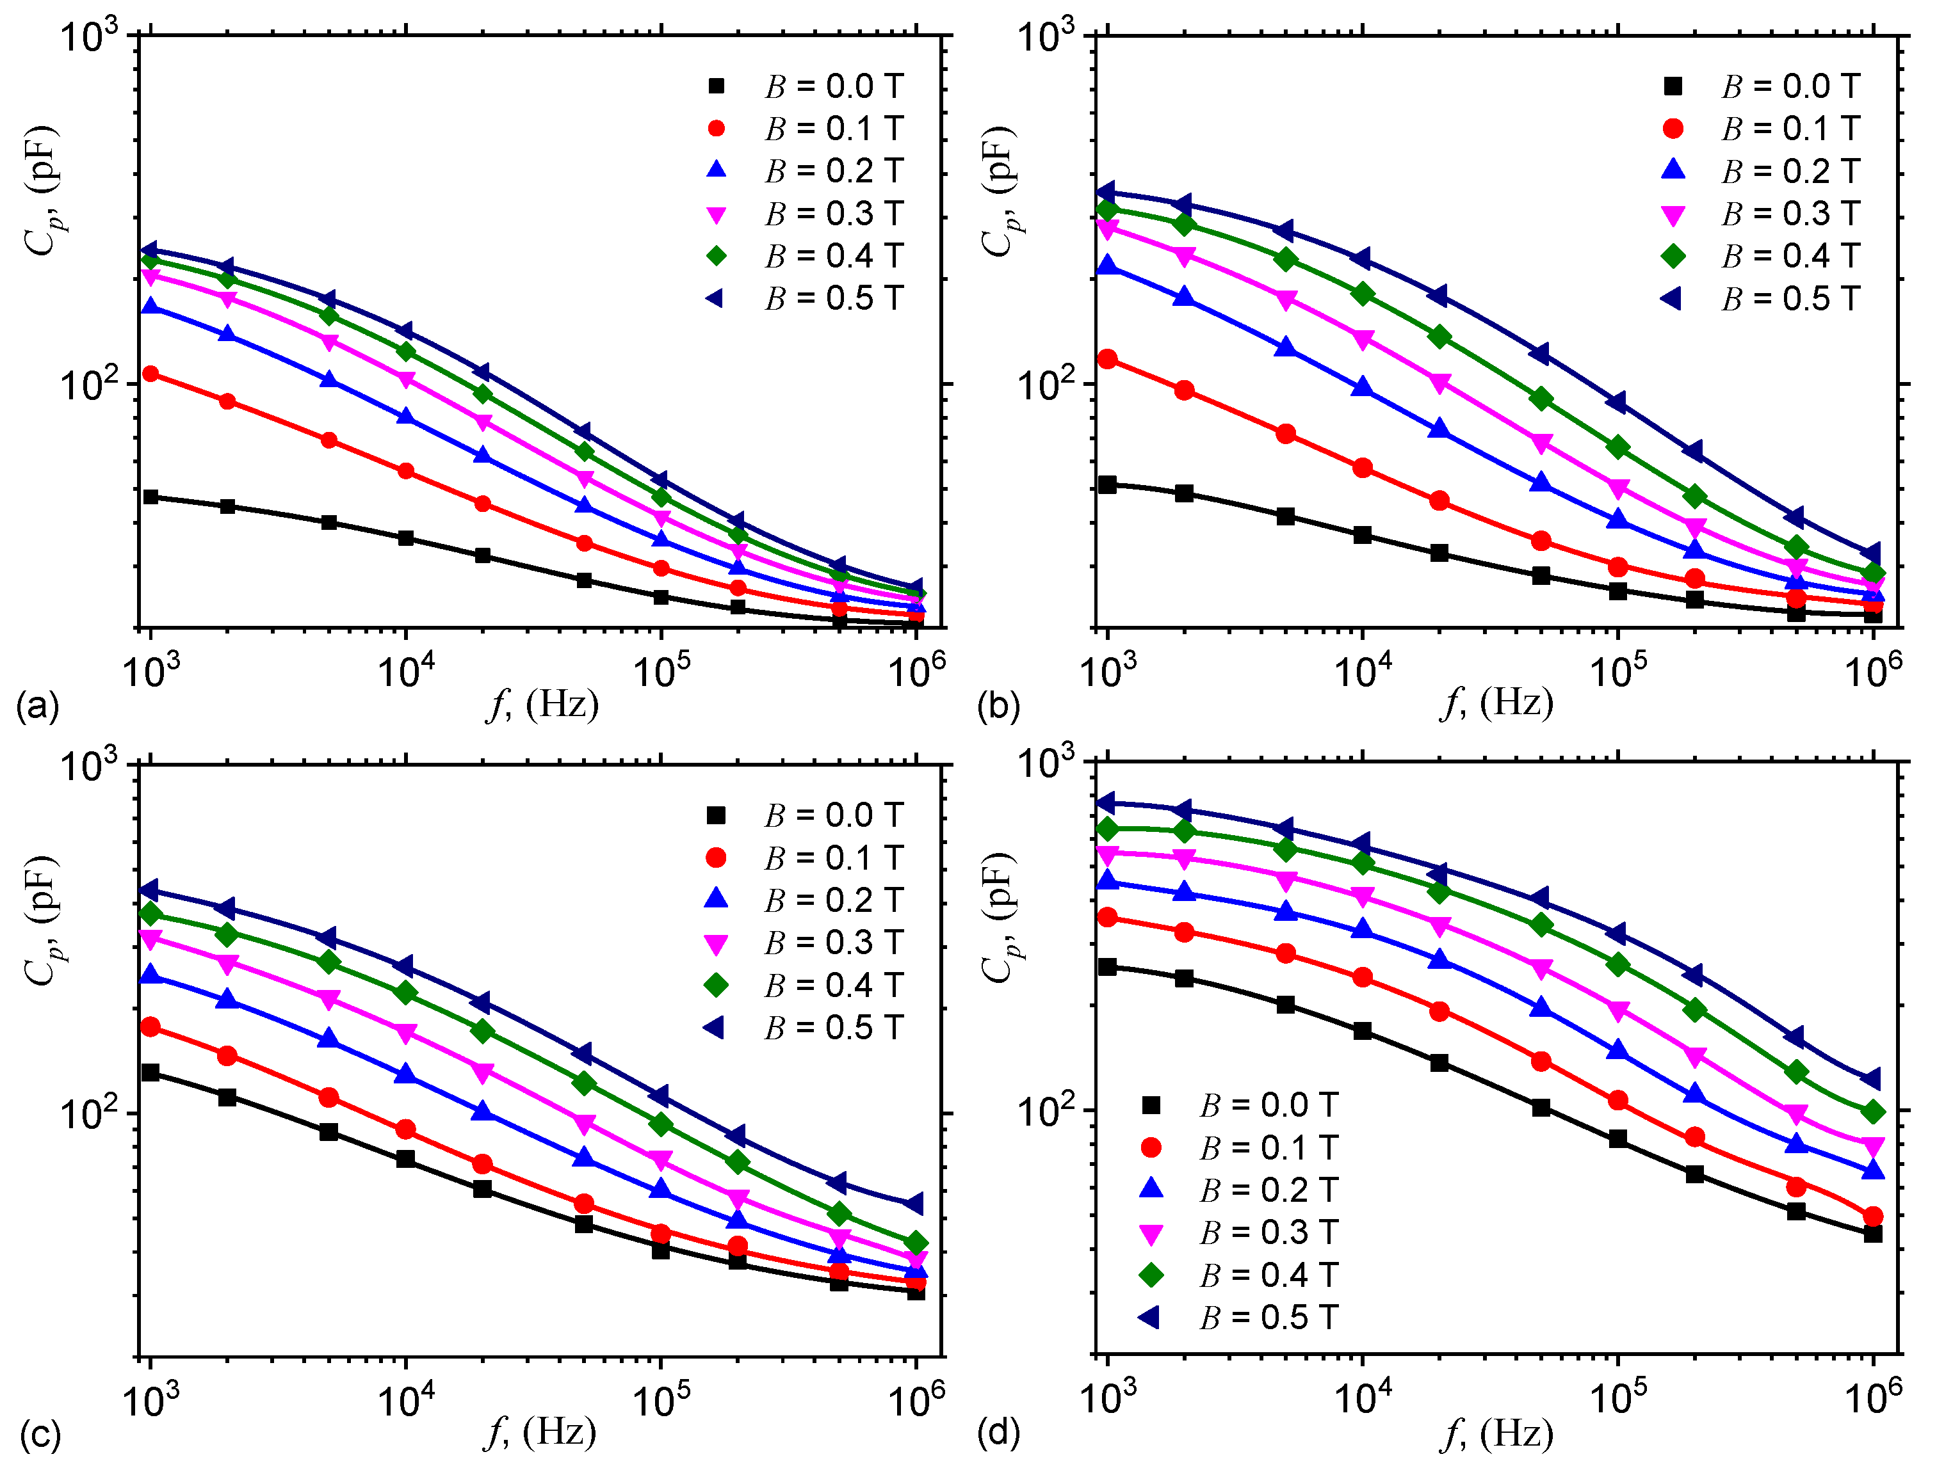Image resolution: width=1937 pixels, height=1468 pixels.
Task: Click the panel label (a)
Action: click(36, 706)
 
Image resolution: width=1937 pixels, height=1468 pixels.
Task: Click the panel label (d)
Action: click(998, 1434)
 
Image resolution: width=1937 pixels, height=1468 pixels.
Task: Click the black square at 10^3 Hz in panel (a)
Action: click(150, 497)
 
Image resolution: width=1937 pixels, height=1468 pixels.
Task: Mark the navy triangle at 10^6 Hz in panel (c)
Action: click(915, 1204)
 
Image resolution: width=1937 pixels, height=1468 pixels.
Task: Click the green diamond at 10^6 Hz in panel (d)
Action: click(1873, 1112)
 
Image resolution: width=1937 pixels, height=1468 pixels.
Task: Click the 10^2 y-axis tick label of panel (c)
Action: click(88, 1113)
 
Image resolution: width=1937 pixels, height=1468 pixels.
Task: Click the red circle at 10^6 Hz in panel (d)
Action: click(1873, 1217)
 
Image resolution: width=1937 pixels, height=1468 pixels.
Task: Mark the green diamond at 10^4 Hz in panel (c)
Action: click(405, 993)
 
